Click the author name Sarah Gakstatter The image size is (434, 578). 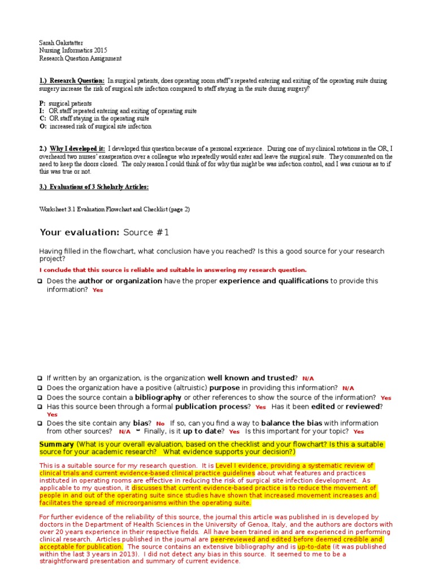click(x=60, y=42)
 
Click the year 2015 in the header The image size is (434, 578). click(x=98, y=50)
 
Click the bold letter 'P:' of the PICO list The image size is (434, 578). click(x=42, y=104)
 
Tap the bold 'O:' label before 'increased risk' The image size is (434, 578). click(x=43, y=126)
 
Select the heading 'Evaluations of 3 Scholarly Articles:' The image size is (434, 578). click(x=101, y=187)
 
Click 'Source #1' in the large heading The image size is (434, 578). click(x=146, y=233)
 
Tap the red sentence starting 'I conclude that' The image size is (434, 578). click(x=173, y=270)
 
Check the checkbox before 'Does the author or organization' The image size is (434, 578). click(x=41, y=281)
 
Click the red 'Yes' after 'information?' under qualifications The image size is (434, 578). click(x=98, y=290)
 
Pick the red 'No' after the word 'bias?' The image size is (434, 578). click(x=160, y=423)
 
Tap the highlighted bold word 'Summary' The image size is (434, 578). click(x=57, y=444)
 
